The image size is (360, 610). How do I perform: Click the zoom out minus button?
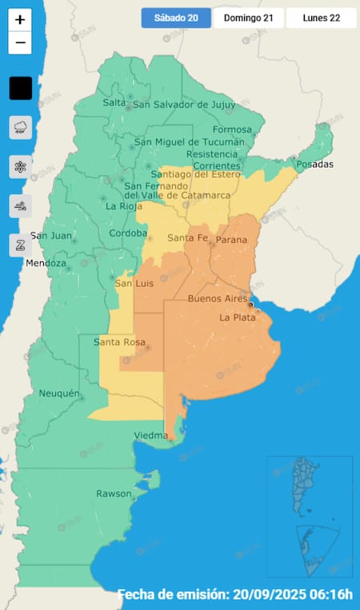coord(20,42)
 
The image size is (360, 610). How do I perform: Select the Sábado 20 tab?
coord(176,18)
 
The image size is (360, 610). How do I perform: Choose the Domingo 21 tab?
coord(247,18)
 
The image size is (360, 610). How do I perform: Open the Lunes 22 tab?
coord(321,18)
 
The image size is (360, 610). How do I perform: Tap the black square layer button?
coord(20,88)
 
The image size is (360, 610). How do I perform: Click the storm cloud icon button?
coord(20,127)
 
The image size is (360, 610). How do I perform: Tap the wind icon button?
coord(20,206)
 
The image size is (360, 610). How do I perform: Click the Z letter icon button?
coord(20,245)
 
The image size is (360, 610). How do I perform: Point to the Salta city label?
coord(114,102)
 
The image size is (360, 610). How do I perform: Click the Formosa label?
coord(232,130)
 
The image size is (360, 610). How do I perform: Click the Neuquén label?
coord(59,393)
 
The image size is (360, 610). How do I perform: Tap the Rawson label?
coord(114,493)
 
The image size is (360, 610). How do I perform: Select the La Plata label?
coord(236,317)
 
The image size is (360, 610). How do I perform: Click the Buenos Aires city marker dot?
coord(250,304)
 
